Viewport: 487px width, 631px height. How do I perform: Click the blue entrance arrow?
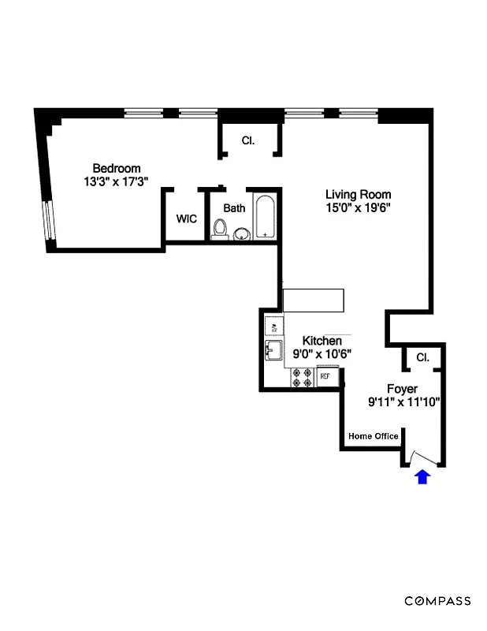(x=422, y=476)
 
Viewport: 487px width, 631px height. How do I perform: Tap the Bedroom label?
(x=117, y=168)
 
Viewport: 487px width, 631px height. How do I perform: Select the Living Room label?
(x=359, y=195)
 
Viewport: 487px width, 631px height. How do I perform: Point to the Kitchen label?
(x=322, y=341)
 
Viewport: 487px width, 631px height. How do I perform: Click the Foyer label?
(x=402, y=389)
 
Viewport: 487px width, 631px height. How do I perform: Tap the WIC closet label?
(x=186, y=218)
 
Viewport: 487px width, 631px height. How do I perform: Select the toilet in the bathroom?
(x=221, y=229)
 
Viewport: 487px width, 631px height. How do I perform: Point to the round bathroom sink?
(x=242, y=233)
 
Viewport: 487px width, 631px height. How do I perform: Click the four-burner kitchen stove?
(x=301, y=379)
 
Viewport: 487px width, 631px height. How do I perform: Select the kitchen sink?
(x=274, y=349)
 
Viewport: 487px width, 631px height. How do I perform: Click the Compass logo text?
(x=438, y=601)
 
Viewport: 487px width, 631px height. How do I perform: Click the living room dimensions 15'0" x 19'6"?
(x=359, y=208)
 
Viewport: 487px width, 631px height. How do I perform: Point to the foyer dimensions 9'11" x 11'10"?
(x=403, y=402)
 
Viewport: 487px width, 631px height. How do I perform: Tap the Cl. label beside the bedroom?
(x=248, y=140)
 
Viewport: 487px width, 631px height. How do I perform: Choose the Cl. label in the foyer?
(x=423, y=357)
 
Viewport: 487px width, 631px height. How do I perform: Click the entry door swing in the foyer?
(x=424, y=458)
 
